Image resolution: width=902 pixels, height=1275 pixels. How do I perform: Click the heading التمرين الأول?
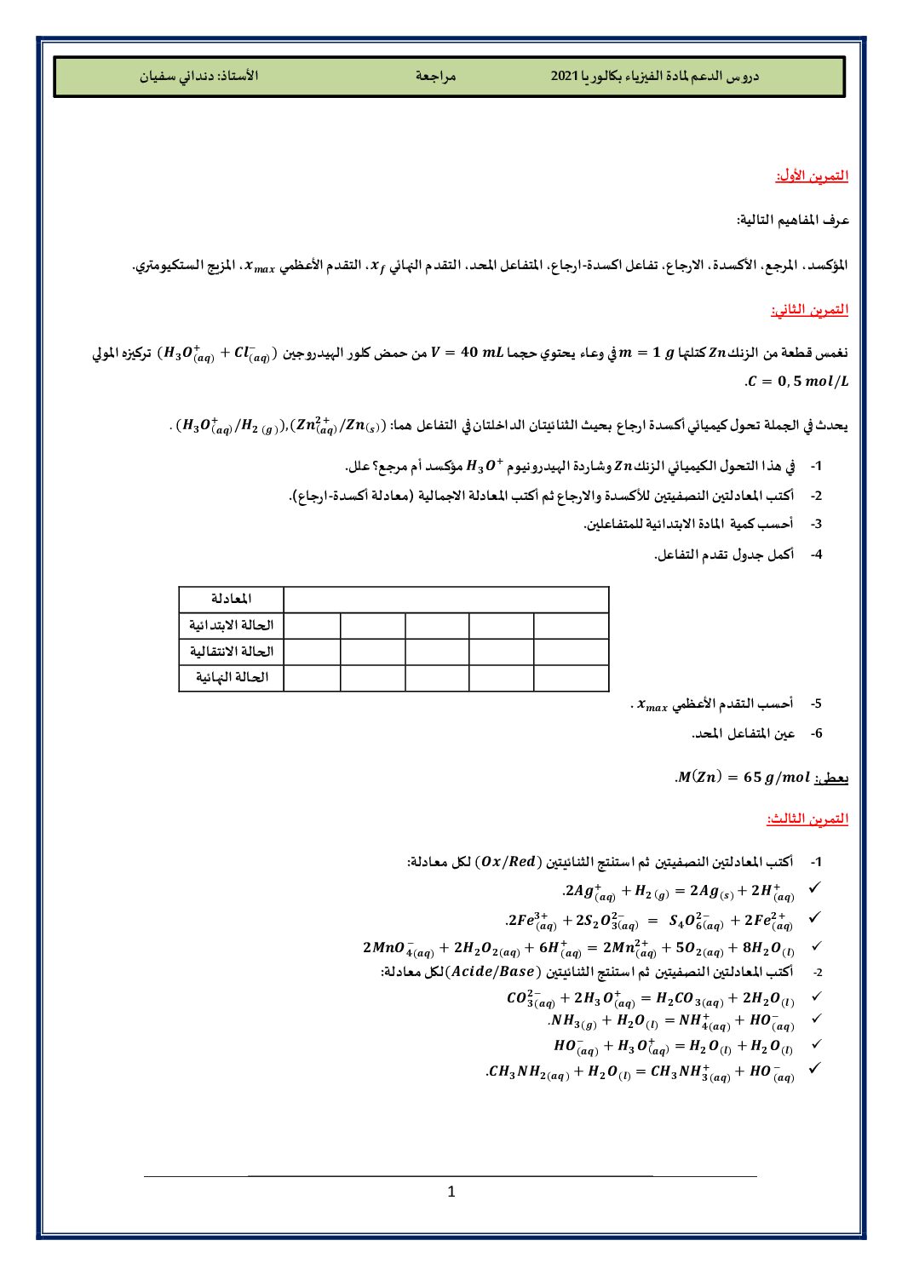812,175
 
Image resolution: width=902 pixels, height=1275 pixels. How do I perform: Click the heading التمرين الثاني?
810,309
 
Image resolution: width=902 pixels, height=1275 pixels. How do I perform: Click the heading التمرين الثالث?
807,818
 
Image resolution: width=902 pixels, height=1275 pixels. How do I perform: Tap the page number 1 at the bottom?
451,1192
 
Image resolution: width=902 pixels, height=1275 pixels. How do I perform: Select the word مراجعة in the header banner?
436,76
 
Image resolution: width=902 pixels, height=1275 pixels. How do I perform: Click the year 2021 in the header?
564,76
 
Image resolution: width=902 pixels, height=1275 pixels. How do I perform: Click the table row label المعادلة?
232,600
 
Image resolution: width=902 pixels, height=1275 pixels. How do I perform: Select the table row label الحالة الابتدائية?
232,626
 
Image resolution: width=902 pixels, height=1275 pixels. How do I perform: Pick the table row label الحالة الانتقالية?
232,652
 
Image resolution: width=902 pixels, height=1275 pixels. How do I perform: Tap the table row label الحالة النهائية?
232,678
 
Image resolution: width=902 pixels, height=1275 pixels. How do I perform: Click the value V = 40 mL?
468,353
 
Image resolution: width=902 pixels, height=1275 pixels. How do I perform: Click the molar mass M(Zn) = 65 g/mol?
742,777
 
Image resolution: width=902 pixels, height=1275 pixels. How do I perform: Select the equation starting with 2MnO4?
579,948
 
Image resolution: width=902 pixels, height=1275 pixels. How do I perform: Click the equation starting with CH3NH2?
641,1072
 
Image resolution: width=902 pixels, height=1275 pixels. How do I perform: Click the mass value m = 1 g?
646,353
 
